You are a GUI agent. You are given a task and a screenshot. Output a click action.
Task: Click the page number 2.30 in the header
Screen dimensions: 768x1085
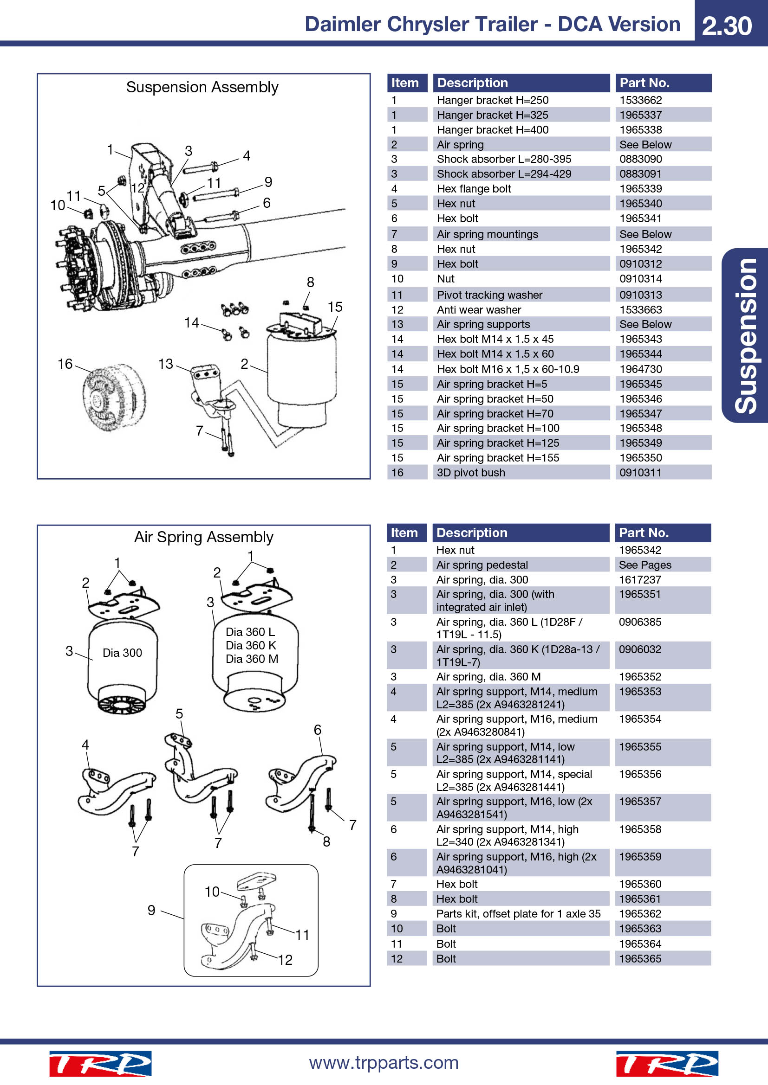coord(726,26)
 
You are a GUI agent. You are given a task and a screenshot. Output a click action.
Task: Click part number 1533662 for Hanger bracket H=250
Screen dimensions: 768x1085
coord(640,100)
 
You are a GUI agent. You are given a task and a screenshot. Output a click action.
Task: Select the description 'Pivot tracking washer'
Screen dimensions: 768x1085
coord(489,295)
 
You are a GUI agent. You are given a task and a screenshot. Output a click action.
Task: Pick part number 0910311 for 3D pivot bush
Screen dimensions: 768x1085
coord(640,473)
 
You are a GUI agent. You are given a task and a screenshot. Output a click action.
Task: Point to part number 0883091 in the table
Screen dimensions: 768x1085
coord(640,174)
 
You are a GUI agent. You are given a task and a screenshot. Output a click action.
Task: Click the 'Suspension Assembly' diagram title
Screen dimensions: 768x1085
coord(202,87)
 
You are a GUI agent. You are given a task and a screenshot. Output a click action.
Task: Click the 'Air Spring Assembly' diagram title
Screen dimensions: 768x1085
coord(204,537)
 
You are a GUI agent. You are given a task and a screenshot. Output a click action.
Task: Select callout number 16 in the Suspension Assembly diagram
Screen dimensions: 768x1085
coord(65,364)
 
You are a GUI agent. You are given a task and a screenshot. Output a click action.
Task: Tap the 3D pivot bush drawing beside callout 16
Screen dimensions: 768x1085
coord(114,396)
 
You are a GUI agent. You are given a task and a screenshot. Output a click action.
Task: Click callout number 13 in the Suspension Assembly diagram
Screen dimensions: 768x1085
coord(165,364)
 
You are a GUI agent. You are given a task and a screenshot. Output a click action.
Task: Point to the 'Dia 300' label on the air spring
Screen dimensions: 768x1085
coord(123,653)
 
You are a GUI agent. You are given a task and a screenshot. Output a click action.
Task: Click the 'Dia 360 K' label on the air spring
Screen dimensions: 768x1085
coord(251,646)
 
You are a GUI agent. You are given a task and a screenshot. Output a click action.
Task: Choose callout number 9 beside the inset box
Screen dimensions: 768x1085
coord(151,910)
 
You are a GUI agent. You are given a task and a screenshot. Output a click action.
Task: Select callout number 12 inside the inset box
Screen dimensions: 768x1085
coord(285,960)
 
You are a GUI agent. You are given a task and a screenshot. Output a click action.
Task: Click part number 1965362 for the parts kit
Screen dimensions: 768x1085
coord(640,914)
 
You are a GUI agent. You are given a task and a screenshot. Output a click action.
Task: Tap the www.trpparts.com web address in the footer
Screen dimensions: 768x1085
coord(384,1062)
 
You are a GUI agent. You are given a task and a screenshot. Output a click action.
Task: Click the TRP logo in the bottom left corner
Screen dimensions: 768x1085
coord(100,1064)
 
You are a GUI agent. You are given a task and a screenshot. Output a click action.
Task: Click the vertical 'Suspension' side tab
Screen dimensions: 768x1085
coord(746,335)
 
